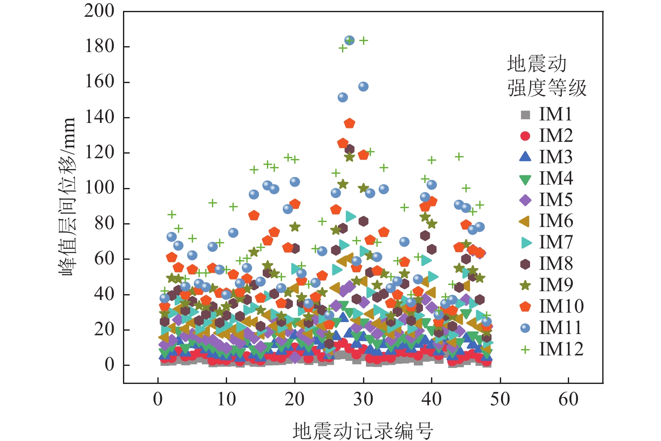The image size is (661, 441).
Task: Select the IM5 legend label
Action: click(x=556, y=200)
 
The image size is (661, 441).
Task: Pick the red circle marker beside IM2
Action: click(x=525, y=136)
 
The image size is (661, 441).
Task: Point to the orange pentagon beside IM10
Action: click(x=525, y=306)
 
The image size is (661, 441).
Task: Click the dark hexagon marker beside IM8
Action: click(x=525, y=264)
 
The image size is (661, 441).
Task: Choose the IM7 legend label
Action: click(x=556, y=243)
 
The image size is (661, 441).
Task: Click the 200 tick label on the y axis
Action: click(x=99, y=11)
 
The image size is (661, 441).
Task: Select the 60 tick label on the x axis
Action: click(x=568, y=399)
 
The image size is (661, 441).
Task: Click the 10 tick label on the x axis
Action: click(x=226, y=399)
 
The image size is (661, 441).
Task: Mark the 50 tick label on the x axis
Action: click(x=500, y=399)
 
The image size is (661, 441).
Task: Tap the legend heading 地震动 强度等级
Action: click(x=546, y=76)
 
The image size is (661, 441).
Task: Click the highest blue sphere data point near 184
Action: click(x=349, y=40)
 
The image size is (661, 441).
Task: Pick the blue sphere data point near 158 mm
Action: click(x=363, y=86)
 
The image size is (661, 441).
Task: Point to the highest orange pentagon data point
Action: click(x=350, y=123)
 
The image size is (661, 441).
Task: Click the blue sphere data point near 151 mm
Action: click(x=343, y=97)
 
